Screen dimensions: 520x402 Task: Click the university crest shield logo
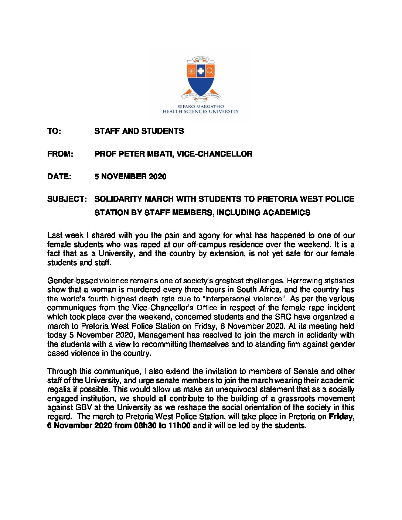201,78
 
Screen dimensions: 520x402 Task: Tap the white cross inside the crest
201,71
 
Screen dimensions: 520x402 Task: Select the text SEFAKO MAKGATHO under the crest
201,106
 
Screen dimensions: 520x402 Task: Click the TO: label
54,131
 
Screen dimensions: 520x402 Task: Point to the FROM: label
60,154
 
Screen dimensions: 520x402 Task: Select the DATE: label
59,177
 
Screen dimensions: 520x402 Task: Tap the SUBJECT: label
67,199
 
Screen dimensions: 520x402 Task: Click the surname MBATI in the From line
159,154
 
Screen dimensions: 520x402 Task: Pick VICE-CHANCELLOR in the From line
215,154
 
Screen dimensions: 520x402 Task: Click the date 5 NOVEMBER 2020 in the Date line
130,177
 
